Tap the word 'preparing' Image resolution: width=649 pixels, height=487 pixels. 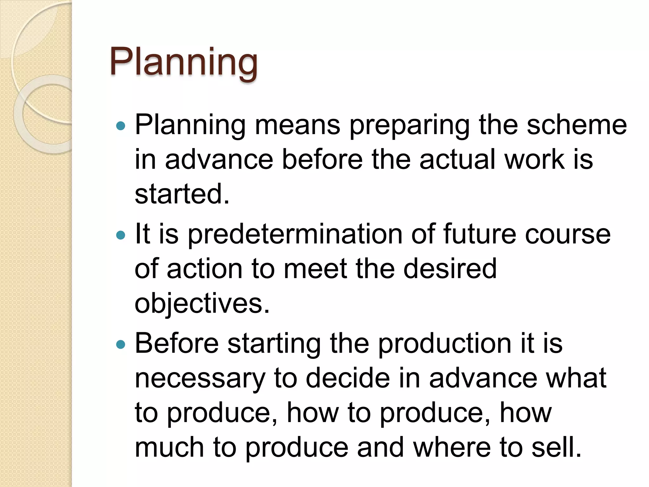[409, 125]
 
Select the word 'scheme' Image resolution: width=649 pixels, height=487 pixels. [577, 125]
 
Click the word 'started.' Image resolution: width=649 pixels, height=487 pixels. [182, 194]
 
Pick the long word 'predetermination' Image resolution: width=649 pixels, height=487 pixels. [295, 234]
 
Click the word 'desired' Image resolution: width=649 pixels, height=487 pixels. [450, 269]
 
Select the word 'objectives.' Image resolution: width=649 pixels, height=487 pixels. [202, 303]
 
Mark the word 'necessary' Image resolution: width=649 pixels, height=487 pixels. [200, 379]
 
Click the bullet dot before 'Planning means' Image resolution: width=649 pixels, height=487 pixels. [121, 126]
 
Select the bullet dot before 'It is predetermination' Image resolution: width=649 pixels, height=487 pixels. [121, 235]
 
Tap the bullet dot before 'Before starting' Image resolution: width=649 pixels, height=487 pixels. [121, 344]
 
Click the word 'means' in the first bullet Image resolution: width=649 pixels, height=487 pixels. [298, 125]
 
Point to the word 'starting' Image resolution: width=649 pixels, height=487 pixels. [274, 344]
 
